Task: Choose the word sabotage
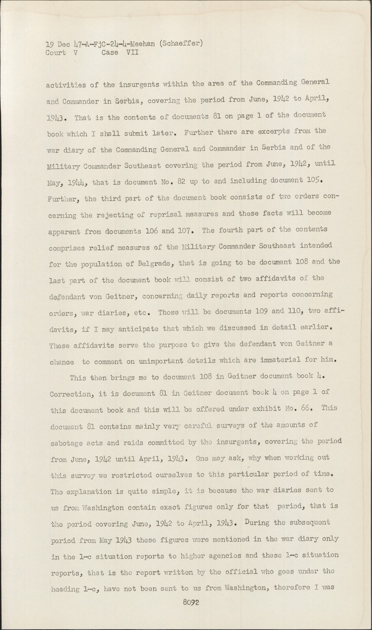(x=66, y=443)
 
